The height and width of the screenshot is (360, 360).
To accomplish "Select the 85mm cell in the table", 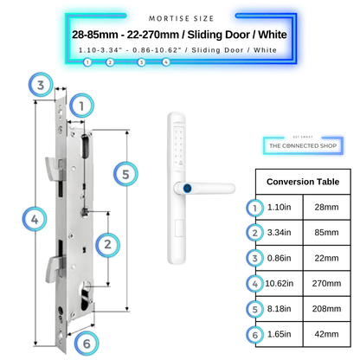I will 329,231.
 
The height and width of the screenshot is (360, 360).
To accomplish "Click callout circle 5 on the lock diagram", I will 126,175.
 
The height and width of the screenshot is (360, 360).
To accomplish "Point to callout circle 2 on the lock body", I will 106,245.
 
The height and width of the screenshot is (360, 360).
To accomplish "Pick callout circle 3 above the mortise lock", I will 39,84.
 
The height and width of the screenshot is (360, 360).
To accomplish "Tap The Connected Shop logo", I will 303,145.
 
